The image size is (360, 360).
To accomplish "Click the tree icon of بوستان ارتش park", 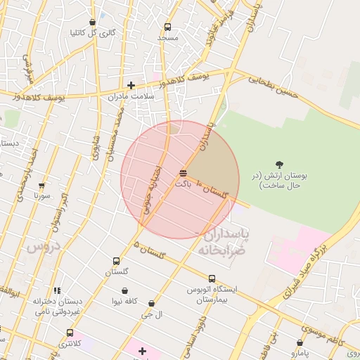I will [280, 165].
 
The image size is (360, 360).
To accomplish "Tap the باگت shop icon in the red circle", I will [184, 172].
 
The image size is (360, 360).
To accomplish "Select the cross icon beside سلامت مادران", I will [131, 85].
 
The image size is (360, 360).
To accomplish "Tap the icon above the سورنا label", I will [41, 186].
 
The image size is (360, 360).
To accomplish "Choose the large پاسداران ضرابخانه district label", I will [224, 242].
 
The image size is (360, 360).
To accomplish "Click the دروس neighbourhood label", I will [44, 246].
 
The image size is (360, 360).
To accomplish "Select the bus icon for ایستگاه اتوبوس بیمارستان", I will [212, 278].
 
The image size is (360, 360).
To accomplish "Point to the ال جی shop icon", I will [151, 304].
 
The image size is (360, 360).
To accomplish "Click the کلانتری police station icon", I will [70, 333].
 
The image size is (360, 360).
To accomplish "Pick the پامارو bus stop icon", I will [301, 342].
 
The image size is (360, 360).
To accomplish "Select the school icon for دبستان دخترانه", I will [57, 290].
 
